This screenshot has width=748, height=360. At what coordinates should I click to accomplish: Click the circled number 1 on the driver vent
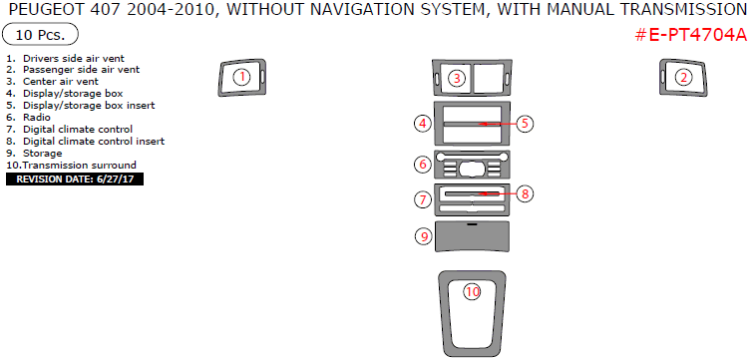[x=242, y=77]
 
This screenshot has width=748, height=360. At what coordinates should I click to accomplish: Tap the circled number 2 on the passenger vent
[x=684, y=77]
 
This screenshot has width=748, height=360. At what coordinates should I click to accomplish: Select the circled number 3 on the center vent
[x=457, y=78]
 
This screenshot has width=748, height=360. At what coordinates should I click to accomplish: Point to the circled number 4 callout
[x=423, y=124]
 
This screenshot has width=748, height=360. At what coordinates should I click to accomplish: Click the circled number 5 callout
[x=525, y=124]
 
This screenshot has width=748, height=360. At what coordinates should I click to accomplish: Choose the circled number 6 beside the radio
[x=423, y=165]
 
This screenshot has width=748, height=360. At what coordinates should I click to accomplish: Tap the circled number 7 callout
[x=423, y=199]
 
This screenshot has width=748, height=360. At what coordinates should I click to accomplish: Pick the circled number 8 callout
[x=525, y=193]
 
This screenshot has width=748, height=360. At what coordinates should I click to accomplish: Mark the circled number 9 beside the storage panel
[x=424, y=236]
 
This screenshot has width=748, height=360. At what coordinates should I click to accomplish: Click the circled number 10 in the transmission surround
[x=473, y=292]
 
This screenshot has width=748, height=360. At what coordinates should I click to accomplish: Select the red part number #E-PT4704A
[x=691, y=35]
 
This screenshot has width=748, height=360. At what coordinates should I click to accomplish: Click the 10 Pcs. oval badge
[x=40, y=35]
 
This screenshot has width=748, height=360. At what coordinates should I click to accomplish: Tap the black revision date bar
[x=75, y=180]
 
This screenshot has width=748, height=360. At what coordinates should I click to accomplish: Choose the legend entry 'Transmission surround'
[x=79, y=165]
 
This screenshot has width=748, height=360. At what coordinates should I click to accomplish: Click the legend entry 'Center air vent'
[x=61, y=82]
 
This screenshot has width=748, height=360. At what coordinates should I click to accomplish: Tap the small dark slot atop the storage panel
[x=473, y=223]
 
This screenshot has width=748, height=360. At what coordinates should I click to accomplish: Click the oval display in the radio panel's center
[x=472, y=168]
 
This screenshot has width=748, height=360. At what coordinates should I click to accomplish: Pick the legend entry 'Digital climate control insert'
[x=94, y=142]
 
